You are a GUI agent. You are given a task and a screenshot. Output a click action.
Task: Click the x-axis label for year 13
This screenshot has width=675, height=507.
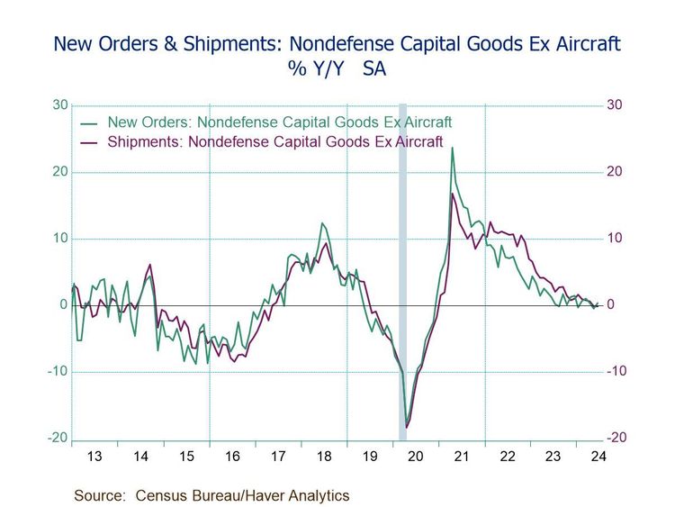click(94, 457)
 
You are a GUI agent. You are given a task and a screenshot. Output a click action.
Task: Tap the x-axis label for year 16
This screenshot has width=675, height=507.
click(232, 457)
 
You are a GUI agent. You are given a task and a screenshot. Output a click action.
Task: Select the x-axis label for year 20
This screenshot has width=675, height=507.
click(416, 457)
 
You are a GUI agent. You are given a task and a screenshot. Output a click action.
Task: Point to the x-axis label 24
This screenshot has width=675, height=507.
click(598, 457)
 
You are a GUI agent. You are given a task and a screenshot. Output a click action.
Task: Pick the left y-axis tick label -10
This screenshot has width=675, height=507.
click(57, 372)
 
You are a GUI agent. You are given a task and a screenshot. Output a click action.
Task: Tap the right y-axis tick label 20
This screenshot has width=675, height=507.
click(615, 172)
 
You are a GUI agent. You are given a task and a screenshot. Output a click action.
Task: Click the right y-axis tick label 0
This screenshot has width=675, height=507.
click(610, 305)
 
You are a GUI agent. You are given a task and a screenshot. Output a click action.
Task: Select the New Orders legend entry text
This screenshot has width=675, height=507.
click(279, 122)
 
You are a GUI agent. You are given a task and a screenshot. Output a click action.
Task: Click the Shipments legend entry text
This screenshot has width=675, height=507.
click(274, 141)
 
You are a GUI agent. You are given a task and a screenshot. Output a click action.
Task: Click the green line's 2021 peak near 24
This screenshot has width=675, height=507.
click(452, 148)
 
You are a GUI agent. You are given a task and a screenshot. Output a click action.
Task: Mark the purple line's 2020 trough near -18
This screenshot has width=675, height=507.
click(407, 427)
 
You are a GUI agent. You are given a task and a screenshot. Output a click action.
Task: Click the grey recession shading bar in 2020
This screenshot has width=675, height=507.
click(402, 270)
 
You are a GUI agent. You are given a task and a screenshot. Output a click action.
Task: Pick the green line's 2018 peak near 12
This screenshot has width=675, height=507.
click(322, 223)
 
